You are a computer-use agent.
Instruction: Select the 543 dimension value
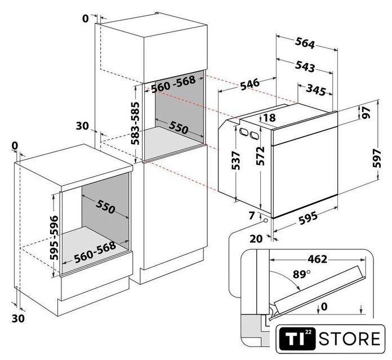(304, 67)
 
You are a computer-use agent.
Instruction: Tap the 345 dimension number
(318, 88)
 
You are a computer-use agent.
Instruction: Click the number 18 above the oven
(269, 118)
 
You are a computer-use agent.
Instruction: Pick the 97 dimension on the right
(367, 112)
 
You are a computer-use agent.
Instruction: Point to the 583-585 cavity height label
(136, 124)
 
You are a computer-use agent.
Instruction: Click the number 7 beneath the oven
(251, 215)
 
